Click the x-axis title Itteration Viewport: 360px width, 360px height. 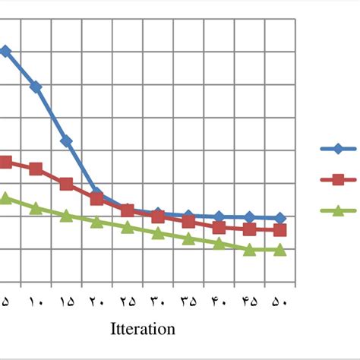point(143,329)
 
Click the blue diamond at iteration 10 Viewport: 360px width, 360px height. point(36,87)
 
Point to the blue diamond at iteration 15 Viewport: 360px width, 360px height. point(66,141)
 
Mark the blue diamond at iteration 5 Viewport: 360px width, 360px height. point(5,52)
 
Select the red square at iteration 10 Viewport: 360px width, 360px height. point(36,169)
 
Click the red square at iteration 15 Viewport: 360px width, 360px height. point(66,185)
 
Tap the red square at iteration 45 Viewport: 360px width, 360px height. point(249,229)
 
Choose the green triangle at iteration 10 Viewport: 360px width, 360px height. point(36,207)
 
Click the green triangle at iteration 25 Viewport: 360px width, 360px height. point(128,226)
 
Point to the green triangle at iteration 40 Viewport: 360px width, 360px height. point(219,243)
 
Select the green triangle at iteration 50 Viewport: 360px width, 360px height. point(279,249)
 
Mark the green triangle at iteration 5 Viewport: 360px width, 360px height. point(5,197)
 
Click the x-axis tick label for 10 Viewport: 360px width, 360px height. point(36,302)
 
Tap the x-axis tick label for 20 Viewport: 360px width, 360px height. point(96,302)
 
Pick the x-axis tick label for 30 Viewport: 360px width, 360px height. point(158,302)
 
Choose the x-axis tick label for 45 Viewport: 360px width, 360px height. point(249,302)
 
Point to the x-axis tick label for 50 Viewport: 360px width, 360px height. point(279,302)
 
